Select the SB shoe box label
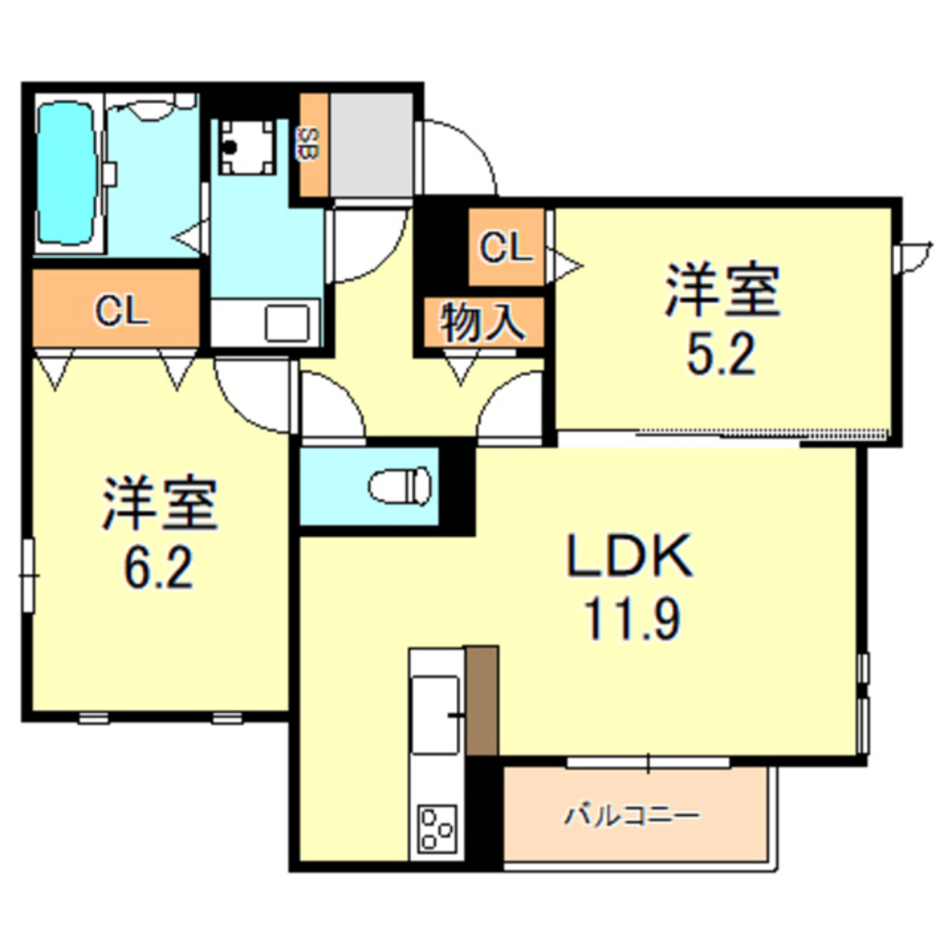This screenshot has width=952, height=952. pyautogui.click(x=309, y=145)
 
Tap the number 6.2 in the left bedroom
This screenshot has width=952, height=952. pyautogui.click(x=159, y=568)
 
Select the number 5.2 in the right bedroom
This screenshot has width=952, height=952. pyautogui.click(x=721, y=354)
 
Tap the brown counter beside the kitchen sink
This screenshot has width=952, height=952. pyautogui.click(x=483, y=700)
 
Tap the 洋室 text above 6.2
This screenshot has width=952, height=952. pyautogui.click(x=159, y=505)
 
